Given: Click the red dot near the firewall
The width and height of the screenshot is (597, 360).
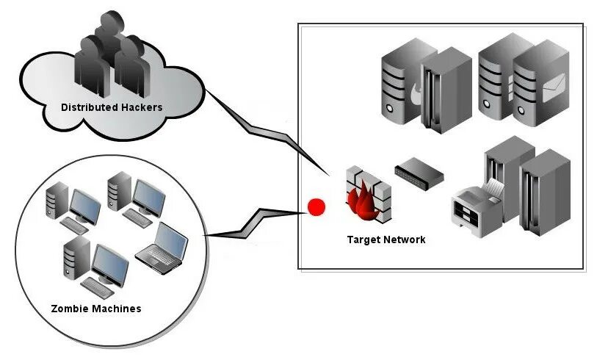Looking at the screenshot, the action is (316, 207).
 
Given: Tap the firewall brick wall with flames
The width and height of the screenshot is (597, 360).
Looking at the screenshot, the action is (369, 195).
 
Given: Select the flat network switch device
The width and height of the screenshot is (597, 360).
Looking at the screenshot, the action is (419, 173).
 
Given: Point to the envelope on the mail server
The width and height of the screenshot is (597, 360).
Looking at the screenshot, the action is (554, 87).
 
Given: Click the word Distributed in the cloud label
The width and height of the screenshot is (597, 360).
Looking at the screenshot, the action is (85, 107).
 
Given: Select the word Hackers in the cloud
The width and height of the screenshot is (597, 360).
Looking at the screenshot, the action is (137, 107).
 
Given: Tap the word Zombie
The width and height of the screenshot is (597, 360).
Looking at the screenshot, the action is (67, 309).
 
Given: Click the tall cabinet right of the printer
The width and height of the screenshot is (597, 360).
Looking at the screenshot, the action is (546, 192).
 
